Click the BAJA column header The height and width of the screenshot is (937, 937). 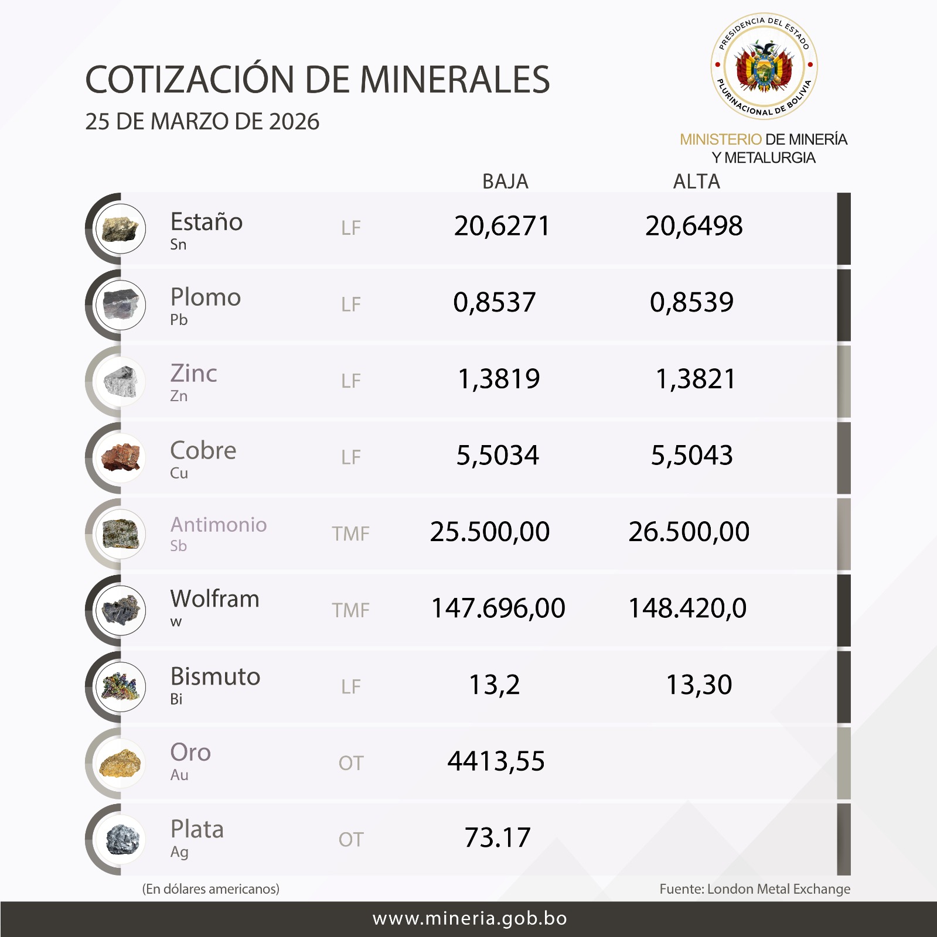point(505,182)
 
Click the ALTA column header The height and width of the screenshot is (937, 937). point(696,182)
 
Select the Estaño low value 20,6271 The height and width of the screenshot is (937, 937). point(502,226)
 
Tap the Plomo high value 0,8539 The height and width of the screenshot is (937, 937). point(691,302)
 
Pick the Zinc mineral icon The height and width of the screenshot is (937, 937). point(121,382)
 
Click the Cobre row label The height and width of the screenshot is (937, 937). point(203,451)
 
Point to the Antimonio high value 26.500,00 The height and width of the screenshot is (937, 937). point(689,532)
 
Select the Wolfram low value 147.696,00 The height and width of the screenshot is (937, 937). point(498,608)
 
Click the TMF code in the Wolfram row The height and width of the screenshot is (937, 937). point(350,610)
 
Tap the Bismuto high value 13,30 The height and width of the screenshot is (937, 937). point(699,685)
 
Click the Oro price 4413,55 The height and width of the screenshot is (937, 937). point(496,761)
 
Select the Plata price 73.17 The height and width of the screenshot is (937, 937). point(497,837)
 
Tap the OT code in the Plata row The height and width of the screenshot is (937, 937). point(350,840)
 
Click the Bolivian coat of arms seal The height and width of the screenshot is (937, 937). point(764,66)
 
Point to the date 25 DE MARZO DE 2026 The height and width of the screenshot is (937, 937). point(202,122)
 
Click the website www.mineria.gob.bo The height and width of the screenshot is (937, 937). point(469,918)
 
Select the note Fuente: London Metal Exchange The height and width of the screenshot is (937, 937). point(754,889)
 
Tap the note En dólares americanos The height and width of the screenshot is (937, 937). point(211,889)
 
